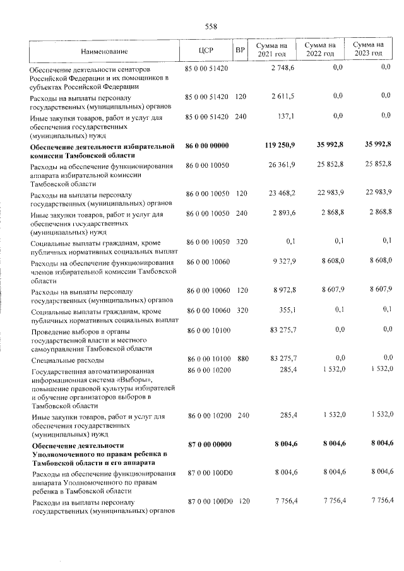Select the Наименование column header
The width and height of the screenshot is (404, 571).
104,50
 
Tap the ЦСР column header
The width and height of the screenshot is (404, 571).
206,50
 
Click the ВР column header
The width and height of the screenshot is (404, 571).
240,50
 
